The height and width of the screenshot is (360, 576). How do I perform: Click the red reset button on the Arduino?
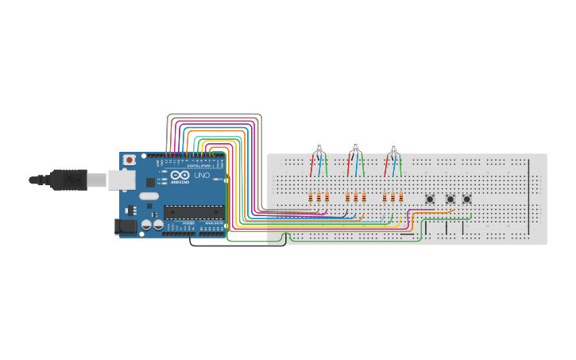(x=129, y=161)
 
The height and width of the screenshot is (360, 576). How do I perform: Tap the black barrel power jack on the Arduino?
(x=126, y=226)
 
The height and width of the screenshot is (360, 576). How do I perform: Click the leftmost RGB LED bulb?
(x=319, y=146)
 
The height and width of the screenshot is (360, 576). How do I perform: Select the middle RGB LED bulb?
(x=355, y=146)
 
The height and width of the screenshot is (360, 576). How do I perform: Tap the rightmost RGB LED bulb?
(x=392, y=146)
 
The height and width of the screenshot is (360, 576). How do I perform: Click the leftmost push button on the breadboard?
(x=431, y=199)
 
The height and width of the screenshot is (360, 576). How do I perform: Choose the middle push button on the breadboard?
(x=450, y=199)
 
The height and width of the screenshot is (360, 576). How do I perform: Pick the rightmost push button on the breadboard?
(x=467, y=199)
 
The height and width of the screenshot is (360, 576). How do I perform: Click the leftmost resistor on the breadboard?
(x=310, y=197)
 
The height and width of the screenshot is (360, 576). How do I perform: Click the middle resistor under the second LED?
(x=355, y=197)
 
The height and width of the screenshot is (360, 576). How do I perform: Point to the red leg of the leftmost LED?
(x=311, y=165)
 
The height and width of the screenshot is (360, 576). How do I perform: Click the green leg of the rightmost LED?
(x=400, y=165)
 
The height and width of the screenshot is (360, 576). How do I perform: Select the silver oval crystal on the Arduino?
(x=149, y=195)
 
